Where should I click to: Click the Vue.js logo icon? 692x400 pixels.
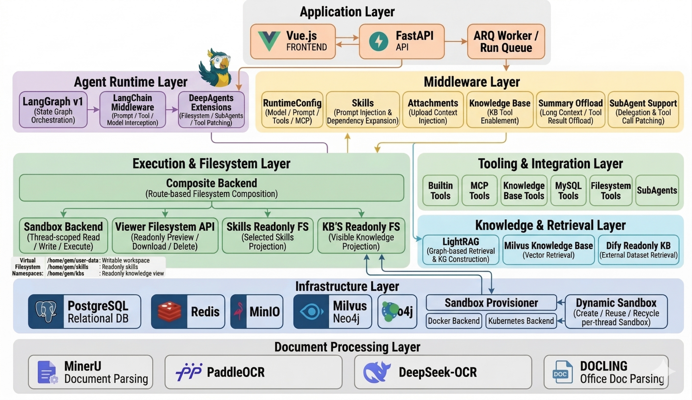269,41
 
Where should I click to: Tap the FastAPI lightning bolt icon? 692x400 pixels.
379,41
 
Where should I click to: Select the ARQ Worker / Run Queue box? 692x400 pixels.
506,41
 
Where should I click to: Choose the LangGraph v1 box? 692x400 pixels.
53,110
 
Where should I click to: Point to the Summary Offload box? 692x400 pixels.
570,110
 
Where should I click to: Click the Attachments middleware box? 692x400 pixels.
432,110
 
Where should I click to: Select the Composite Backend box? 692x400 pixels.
211,188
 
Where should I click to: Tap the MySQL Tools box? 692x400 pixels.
568,190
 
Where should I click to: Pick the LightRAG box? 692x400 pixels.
460,250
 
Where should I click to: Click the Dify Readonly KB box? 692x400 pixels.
638,250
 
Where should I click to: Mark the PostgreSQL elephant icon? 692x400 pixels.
46,312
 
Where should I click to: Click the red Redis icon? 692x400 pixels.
169,312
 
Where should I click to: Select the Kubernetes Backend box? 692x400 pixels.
521,321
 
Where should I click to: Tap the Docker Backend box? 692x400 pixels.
453,321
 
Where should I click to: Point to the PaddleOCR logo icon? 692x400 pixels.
189,372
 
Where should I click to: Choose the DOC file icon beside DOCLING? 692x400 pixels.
562,372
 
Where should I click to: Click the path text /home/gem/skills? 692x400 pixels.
68,267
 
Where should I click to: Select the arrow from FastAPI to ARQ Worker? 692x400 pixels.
456,41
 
